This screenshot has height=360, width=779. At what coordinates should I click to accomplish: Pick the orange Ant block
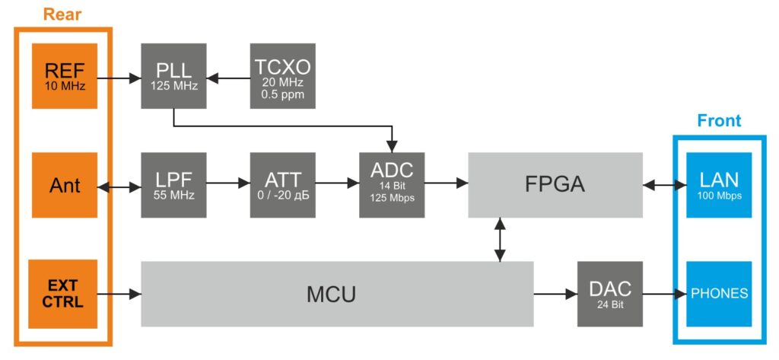click(x=65, y=185)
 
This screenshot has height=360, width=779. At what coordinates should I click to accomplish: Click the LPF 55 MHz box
click(x=174, y=185)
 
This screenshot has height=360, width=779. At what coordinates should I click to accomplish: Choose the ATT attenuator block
click(x=283, y=185)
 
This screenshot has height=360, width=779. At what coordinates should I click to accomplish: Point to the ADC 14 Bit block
click(x=392, y=185)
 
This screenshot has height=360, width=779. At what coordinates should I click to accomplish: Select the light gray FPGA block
click(x=555, y=185)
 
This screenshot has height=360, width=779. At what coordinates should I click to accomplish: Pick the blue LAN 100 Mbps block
click(x=719, y=185)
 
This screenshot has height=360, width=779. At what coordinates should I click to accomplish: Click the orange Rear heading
click(x=64, y=14)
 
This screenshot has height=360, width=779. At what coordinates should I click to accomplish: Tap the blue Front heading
click(x=719, y=121)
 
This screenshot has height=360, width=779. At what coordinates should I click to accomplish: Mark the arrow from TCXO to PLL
click(x=228, y=77)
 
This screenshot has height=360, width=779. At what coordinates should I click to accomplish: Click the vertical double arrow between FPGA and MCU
click(x=500, y=239)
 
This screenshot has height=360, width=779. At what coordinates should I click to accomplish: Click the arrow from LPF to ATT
click(x=228, y=183)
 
